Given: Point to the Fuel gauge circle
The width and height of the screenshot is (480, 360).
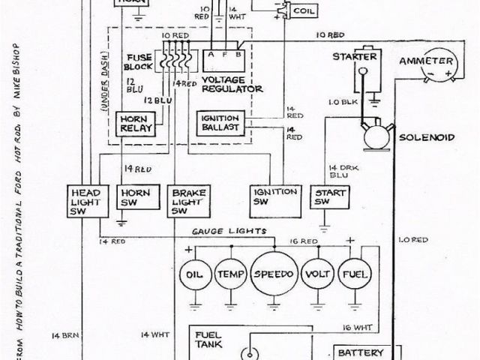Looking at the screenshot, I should [354, 275].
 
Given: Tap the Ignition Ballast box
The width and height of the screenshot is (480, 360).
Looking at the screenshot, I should [218, 122].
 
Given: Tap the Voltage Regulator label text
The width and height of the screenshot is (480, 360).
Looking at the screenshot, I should [232, 84].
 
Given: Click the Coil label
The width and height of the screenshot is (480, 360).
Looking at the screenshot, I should [304, 12].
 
